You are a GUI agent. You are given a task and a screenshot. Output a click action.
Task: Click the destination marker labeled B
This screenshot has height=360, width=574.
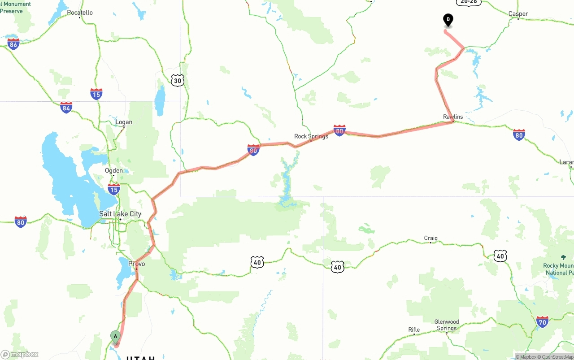click(448, 20)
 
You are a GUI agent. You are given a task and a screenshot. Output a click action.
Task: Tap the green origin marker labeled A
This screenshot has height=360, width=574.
click(115, 336)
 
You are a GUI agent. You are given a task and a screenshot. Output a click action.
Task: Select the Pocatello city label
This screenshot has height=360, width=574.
click(80, 13)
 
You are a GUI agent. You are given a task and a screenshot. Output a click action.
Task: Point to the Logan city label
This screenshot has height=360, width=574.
click(123, 122)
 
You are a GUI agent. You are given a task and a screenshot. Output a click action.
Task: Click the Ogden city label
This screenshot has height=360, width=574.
click(113, 170)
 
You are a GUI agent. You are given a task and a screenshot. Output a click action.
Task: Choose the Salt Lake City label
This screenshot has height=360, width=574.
click(120, 214)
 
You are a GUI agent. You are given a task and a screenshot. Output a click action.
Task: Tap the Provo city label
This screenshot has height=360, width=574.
click(136, 264)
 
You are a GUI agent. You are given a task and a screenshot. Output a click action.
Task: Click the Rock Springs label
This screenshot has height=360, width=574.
click(311, 136)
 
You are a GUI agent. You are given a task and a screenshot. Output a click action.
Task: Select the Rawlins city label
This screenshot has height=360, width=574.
click(453, 117)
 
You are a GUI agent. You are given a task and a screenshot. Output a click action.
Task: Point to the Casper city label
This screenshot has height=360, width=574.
click(518, 14)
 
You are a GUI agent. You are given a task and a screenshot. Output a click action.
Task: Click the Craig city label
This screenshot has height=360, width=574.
click(430, 239)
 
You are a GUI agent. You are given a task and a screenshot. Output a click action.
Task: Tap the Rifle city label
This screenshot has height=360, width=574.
click(414, 330)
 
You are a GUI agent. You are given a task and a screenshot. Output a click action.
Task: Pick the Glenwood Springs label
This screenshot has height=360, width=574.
click(447, 325)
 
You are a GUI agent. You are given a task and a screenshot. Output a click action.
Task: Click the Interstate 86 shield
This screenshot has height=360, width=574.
click(13, 43)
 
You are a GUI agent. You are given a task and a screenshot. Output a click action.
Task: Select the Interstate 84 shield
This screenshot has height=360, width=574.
click(66, 107)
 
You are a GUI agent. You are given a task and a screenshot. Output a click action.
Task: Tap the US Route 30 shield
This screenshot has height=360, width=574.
click(178, 81)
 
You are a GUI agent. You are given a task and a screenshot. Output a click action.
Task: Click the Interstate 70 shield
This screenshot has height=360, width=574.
click(542, 321)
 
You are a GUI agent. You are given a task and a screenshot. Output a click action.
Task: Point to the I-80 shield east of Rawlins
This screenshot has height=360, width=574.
click(519, 134)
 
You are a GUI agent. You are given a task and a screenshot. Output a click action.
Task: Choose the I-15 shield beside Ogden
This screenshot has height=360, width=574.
click(114, 189)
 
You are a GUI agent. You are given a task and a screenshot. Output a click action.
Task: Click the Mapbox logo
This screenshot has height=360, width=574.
click(20, 354)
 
